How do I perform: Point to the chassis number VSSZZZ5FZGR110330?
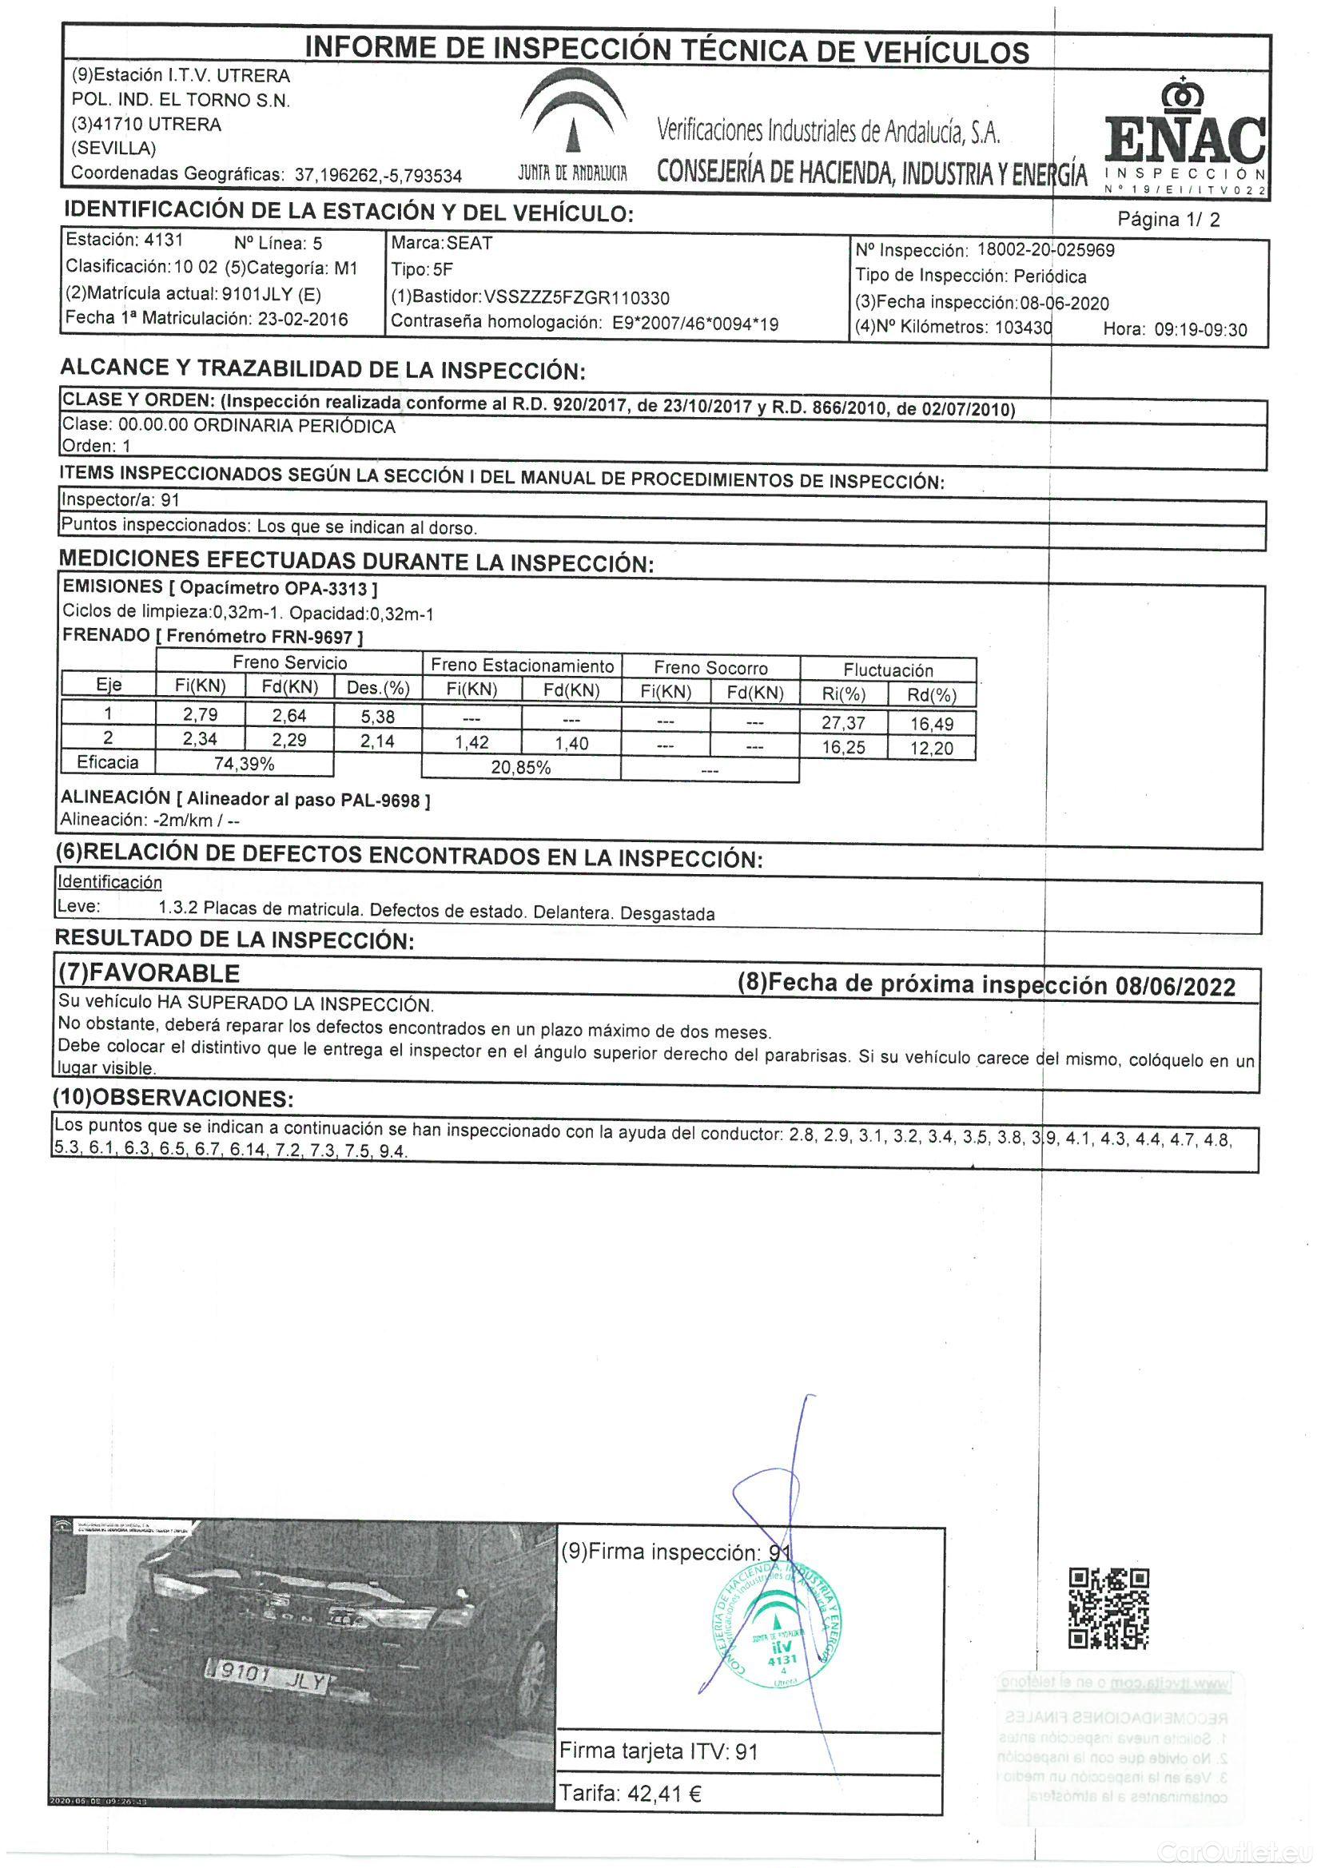point(576,298)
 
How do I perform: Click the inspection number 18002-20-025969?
point(1045,250)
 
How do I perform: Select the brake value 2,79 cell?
point(201,714)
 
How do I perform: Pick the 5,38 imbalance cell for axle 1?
point(377,717)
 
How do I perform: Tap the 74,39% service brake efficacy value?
point(245,764)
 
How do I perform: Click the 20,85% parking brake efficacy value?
point(521,767)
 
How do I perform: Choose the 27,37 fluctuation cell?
point(843,722)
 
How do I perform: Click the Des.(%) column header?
point(378,687)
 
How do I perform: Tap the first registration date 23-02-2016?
point(303,319)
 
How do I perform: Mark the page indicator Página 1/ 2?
point(1168,219)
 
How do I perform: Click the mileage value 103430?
point(1023,328)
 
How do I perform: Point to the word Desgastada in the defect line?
point(666,914)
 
